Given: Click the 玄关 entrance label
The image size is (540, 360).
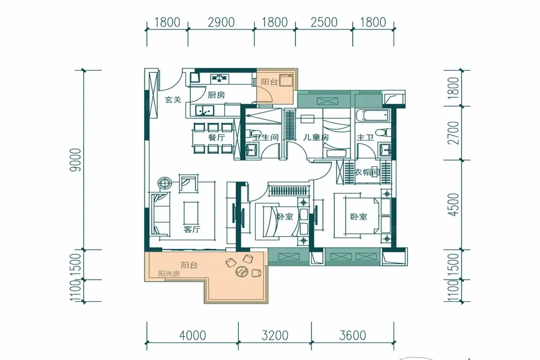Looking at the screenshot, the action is (x=173, y=100).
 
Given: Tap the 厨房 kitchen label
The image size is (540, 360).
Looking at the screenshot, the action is (x=216, y=95).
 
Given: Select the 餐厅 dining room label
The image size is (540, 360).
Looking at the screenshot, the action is (x=216, y=137).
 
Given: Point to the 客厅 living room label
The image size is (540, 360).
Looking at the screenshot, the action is (x=192, y=229).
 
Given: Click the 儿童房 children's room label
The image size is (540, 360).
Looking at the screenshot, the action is (x=316, y=137).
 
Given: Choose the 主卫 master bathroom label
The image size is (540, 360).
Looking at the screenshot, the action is (x=365, y=138).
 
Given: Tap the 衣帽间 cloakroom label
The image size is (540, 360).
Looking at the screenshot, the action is (x=367, y=172).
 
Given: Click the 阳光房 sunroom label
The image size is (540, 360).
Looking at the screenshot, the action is (x=169, y=274).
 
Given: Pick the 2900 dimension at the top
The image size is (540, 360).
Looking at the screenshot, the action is (x=221, y=22).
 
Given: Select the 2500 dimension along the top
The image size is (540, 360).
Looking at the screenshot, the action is (x=324, y=22).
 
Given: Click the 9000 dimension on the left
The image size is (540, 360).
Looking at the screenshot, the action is (x=76, y=160).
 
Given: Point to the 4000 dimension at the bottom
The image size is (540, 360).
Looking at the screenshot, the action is (x=193, y=335).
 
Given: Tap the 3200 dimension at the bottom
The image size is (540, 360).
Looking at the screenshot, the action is (x=274, y=335).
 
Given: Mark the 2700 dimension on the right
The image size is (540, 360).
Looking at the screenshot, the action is (x=454, y=133).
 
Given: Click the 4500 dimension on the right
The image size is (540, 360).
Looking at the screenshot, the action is (x=454, y=205).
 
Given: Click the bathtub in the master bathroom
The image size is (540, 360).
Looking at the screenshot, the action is (x=372, y=116).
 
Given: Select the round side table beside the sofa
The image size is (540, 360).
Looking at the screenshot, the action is (x=164, y=183).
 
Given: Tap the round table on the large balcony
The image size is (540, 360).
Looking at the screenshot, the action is (x=242, y=271).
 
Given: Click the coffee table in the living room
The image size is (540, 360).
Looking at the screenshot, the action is (x=191, y=213).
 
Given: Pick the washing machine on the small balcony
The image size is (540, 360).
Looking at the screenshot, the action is (x=286, y=80).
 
